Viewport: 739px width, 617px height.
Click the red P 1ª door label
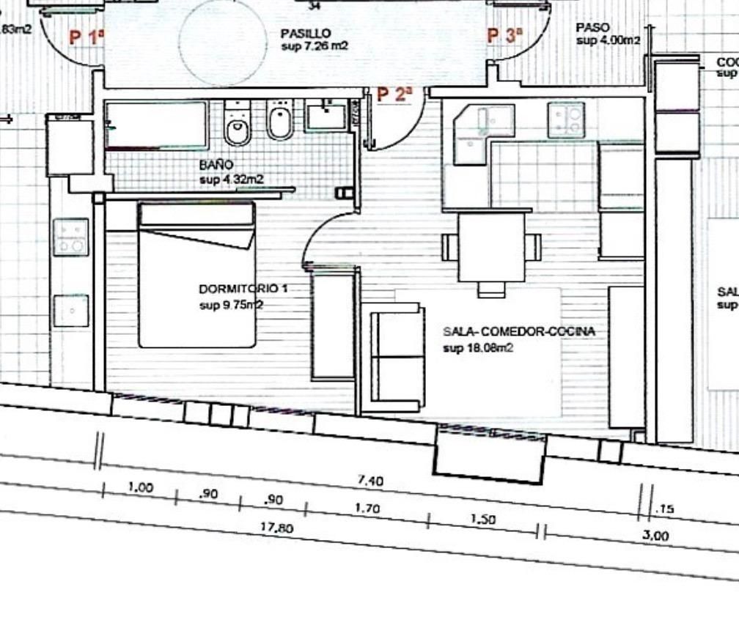pos(87,37)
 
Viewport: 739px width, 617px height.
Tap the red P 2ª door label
pos(395,95)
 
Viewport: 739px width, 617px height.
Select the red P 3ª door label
pos(505,34)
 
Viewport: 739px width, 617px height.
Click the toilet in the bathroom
pos(238,125)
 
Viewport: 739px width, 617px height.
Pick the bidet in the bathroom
pos(279,121)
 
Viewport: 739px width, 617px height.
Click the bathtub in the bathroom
pos(156,125)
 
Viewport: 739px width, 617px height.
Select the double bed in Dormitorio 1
pos(197,275)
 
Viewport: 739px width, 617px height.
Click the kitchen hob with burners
pos(566,119)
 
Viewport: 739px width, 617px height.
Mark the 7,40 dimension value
pos(369,481)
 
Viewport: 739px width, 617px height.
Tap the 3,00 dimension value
pos(655,536)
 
